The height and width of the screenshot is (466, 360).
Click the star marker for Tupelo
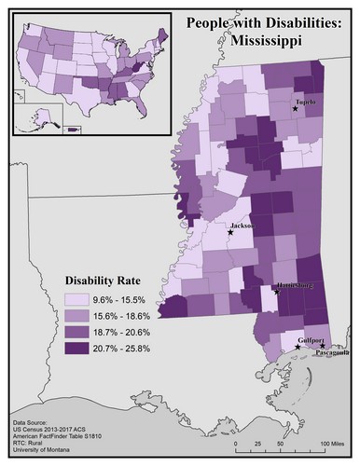click(296, 109)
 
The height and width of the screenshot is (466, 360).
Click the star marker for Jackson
click(230, 233)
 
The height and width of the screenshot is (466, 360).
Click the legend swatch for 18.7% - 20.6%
click(76, 333)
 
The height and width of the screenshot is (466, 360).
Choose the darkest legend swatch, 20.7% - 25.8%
click(76, 349)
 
